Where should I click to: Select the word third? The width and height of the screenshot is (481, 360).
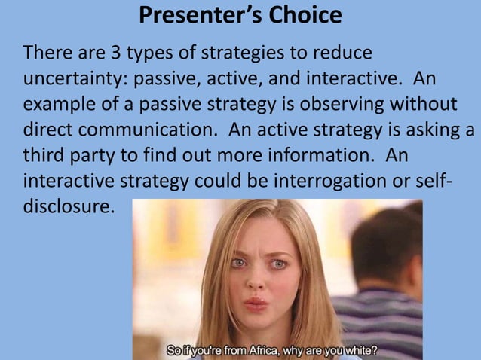click(44, 154)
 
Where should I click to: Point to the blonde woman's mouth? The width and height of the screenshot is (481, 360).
click(256, 304)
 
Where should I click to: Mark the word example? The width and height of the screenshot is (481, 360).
click(57, 104)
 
